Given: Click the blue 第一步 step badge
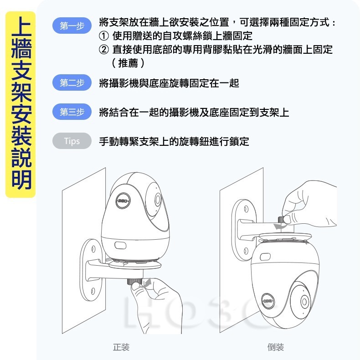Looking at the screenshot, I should click(72, 26).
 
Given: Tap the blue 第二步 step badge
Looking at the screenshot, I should click(72, 83).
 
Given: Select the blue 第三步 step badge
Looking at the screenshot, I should click(72, 112).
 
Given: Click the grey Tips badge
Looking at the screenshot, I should click(72, 141).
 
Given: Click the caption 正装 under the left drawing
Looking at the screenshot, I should click(121, 347).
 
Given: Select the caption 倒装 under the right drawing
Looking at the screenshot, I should click(276, 347).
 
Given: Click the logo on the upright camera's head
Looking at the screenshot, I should click(123, 200).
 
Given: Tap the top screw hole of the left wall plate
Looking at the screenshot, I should click(93, 250).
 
